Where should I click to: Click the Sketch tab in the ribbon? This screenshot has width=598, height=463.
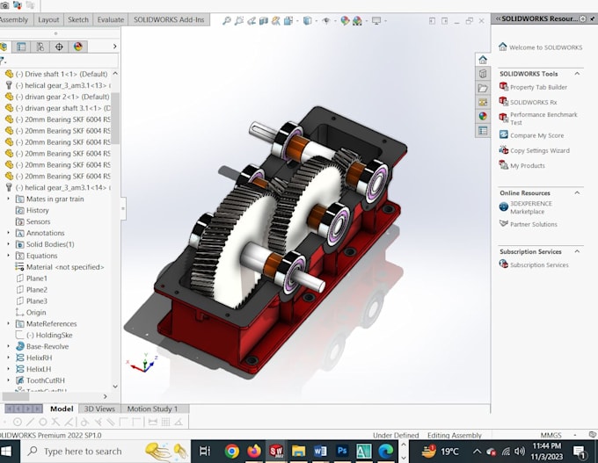(78, 19)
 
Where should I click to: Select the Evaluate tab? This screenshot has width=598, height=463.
(111, 19)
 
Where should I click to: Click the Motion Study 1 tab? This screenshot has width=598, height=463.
(152, 409)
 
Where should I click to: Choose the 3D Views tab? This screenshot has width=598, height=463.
(98, 409)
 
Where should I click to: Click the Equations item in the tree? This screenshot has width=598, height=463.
(41, 256)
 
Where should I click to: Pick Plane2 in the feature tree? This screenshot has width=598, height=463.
(37, 290)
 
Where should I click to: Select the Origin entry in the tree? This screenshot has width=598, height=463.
(36, 313)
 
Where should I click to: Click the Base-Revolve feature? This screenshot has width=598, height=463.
(47, 346)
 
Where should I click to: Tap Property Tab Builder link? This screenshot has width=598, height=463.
(538, 87)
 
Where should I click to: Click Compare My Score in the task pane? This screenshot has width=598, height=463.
(536, 135)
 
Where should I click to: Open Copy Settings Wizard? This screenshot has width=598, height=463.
(539, 150)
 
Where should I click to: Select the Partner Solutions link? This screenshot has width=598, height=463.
(533, 224)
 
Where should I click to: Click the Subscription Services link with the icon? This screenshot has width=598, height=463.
(538, 264)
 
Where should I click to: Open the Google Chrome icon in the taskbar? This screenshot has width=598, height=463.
(232, 452)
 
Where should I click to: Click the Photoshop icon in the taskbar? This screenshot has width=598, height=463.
(342, 452)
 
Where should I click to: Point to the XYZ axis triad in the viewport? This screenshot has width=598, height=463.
(140, 363)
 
